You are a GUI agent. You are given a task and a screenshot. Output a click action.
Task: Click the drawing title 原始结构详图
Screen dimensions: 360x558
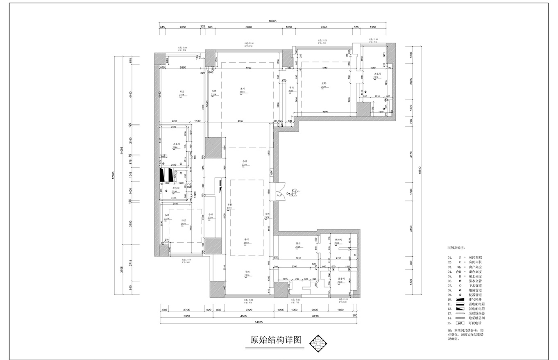[x=275, y=340]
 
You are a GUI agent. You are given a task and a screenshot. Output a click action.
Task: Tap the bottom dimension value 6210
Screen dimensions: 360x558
[x=315, y=317]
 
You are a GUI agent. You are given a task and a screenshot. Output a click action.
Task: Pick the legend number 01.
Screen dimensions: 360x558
[x=449, y=257]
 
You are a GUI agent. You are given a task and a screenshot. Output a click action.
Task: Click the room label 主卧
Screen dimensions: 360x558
[x=323, y=83]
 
